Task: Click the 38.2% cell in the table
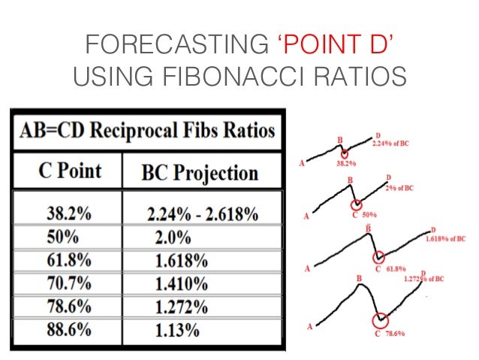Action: click(66, 213)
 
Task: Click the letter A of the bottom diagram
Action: click(309, 327)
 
